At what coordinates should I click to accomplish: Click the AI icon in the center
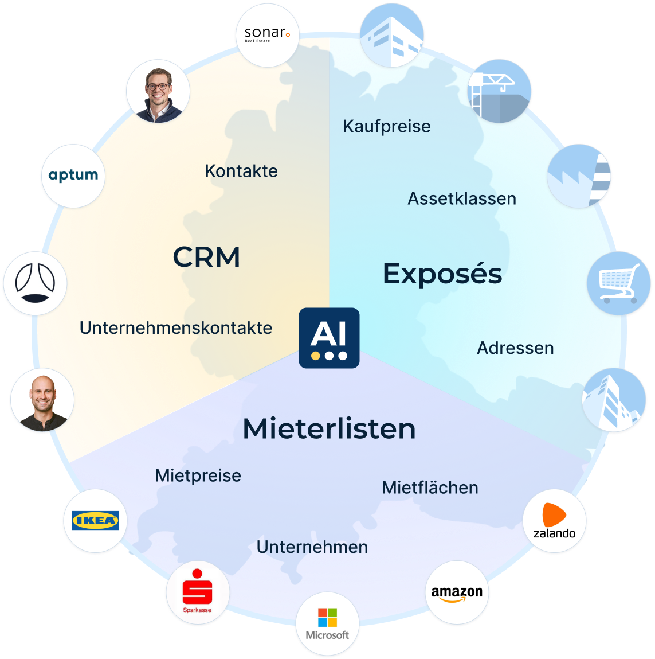(329, 338)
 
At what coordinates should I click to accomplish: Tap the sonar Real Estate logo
(268, 35)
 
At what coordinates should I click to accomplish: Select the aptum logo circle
(73, 176)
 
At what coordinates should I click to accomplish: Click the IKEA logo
(95, 521)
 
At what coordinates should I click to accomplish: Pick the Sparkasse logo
(197, 593)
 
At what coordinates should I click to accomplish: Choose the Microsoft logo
(327, 624)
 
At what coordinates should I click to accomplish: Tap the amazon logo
(457, 593)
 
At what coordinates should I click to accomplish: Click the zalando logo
(554, 521)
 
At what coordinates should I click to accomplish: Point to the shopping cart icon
(619, 283)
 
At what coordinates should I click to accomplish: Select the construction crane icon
(500, 91)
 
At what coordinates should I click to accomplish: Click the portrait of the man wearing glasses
(157, 92)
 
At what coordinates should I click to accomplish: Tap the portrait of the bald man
(41, 400)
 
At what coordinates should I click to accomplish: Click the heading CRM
(206, 257)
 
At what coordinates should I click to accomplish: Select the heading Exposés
(442, 274)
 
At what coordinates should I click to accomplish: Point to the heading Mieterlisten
(329, 428)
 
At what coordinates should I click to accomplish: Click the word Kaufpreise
(387, 126)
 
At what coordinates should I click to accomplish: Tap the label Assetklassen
(462, 198)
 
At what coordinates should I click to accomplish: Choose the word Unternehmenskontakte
(176, 327)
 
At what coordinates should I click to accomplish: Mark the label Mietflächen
(430, 488)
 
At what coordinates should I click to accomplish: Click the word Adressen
(515, 348)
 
